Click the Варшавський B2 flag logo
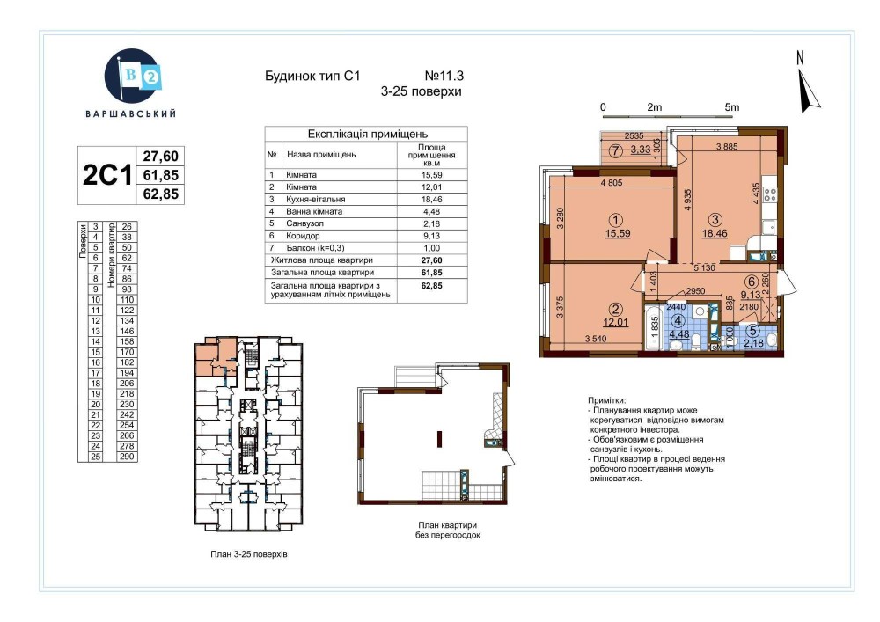[x=133, y=77]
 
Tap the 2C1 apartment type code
[x=106, y=175]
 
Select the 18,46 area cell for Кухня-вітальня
[x=431, y=199]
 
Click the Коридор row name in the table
[x=303, y=236]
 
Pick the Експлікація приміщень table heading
[x=368, y=134]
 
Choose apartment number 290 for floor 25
[x=127, y=457]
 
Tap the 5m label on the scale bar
[x=732, y=107]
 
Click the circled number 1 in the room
[x=617, y=221]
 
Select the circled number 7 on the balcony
[x=616, y=150]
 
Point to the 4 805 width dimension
[x=612, y=182]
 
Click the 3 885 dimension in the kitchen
[x=727, y=147]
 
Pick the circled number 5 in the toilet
[x=753, y=331]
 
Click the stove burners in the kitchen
[x=770, y=194]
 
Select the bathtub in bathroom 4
[x=653, y=327]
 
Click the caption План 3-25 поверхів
[x=249, y=554]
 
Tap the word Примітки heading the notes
[x=606, y=400]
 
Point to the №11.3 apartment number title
[x=444, y=76]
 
